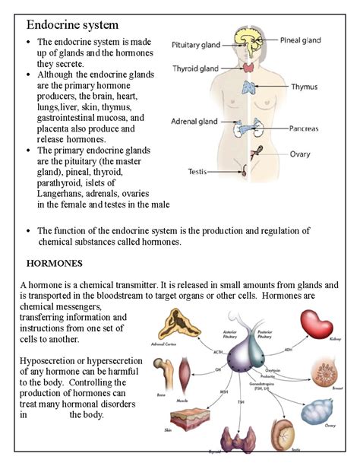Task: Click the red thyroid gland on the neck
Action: click(x=250, y=68)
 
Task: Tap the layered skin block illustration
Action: click(x=191, y=420)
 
